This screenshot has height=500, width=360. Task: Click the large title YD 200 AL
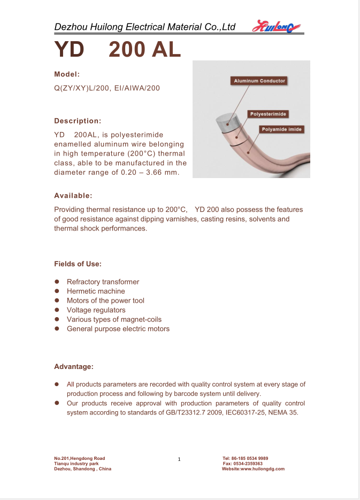click(118, 50)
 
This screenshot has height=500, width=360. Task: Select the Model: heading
click(67, 74)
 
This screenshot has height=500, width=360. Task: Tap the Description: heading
click(78, 121)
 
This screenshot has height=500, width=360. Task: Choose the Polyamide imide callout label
click(281, 129)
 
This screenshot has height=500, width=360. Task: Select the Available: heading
click(73, 195)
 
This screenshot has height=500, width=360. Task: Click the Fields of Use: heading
click(78, 264)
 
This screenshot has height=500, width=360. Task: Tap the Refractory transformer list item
click(103, 282)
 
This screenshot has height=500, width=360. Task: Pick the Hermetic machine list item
click(96, 291)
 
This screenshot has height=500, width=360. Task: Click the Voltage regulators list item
click(96, 310)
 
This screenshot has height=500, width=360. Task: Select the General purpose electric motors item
click(118, 328)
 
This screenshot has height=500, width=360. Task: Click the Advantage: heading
click(74, 366)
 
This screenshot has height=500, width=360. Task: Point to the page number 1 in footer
click(180, 459)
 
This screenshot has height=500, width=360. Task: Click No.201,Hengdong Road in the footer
click(80, 458)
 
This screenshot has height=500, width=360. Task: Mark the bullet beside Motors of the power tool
click(57, 301)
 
